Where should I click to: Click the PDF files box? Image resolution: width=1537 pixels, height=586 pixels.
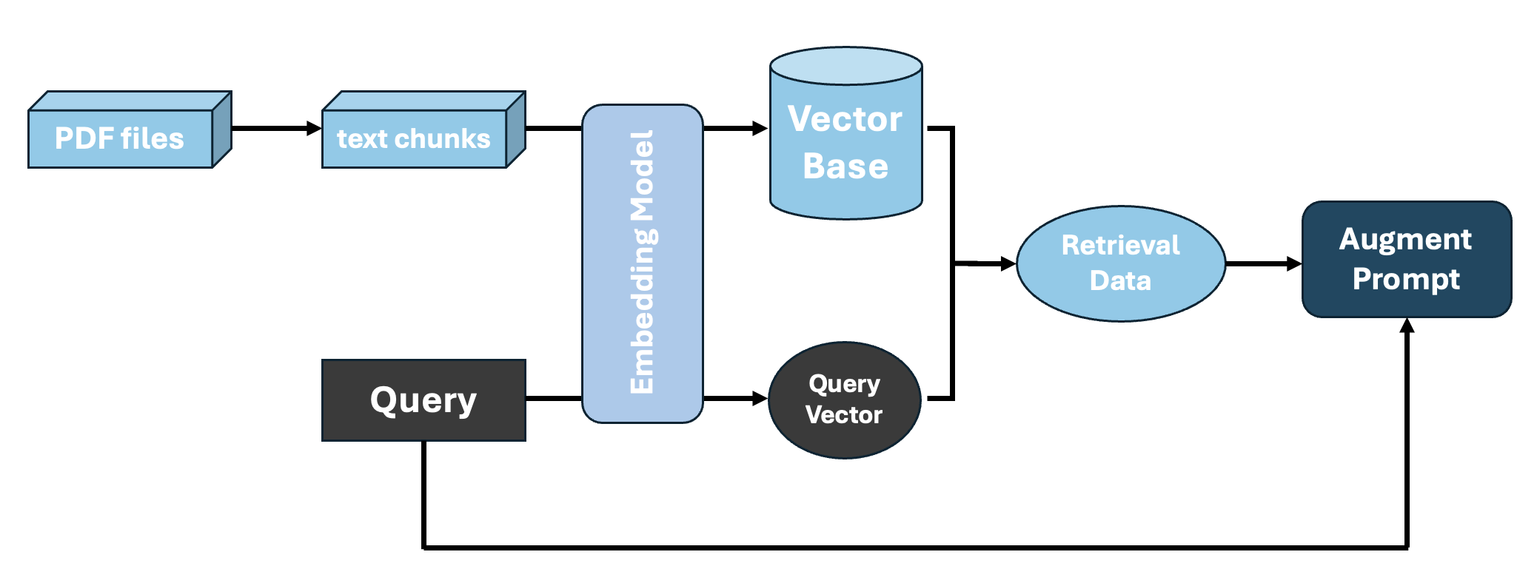[x=120, y=138]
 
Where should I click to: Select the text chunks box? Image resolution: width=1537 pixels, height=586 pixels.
[x=414, y=138]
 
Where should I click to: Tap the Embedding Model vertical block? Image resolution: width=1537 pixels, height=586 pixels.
[x=642, y=263]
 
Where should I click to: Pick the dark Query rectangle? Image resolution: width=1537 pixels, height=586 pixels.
[x=423, y=400]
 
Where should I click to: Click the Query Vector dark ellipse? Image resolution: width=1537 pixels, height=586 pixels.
[x=844, y=400]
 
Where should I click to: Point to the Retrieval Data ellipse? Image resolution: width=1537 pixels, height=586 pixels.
[x=1120, y=263]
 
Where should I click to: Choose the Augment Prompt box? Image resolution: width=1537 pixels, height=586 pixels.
[x=1406, y=259]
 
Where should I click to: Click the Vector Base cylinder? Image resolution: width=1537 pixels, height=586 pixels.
[x=845, y=144]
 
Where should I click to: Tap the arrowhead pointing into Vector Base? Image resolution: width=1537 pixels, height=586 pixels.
[x=760, y=129]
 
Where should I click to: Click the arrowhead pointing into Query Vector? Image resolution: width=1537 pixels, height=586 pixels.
[x=760, y=399]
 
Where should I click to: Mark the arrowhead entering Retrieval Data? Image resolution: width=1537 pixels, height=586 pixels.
[x=1008, y=263]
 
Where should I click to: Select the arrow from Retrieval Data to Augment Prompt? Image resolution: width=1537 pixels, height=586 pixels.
[x=1262, y=263]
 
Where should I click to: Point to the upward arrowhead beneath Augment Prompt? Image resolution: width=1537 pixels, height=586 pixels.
[x=1407, y=326]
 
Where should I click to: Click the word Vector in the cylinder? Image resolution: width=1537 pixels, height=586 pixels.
[x=845, y=119]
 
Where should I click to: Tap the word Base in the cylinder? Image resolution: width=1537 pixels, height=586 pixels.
[x=845, y=166]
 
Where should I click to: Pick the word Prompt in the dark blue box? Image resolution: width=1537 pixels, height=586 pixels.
[x=1406, y=279]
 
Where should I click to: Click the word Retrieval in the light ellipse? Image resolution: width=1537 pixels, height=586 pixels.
[x=1120, y=245]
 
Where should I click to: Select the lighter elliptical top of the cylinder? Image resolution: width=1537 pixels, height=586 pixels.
[x=845, y=65]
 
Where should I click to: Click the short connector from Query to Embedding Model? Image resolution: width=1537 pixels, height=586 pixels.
[x=553, y=399]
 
